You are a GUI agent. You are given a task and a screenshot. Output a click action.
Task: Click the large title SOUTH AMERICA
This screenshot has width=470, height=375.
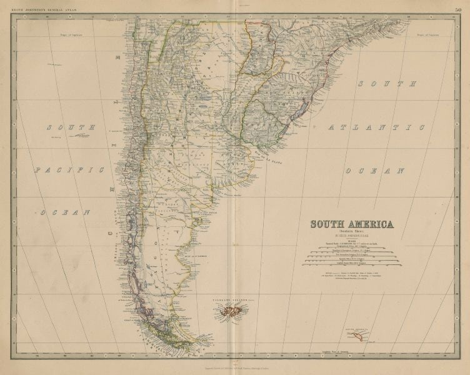click(x=353, y=224)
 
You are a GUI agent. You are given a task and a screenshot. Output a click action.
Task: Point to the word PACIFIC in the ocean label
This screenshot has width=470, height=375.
click(x=68, y=169)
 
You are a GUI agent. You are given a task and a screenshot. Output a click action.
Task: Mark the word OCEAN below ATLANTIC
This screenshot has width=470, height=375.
click(x=373, y=170)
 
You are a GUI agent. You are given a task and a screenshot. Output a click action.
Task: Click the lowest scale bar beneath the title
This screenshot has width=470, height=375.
click(x=353, y=264)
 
